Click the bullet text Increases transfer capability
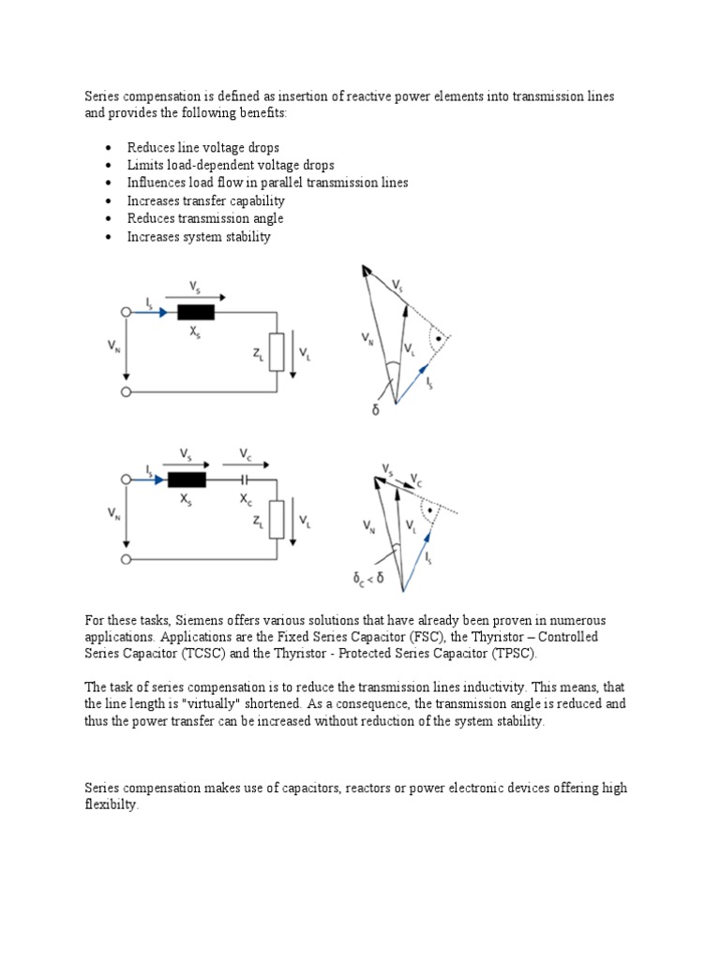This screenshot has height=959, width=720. [x=206, y=201]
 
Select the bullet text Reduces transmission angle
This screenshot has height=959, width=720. [x=205, y=219]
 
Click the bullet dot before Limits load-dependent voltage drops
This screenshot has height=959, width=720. [x=110, y=166]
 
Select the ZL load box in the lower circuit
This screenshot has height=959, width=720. [x=276, y=520]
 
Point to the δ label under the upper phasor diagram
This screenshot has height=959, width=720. [x=375, y=410]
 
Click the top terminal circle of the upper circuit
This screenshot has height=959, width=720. [x=126, y=313]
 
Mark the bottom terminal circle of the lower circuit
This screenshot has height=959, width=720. [x=126, y=559]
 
